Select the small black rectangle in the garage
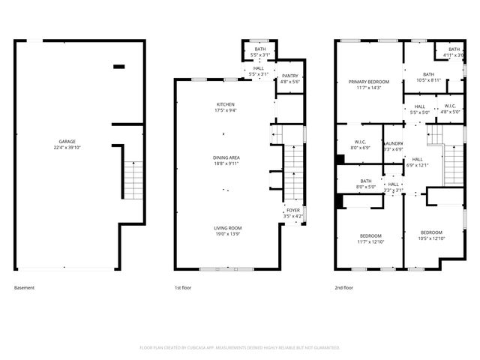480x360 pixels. [118, 67]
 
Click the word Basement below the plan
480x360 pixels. [24, 287]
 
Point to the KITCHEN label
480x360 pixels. [226, 104]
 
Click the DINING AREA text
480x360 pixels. [226, 157]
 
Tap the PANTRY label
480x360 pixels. [289, 76]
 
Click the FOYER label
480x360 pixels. [292, 211]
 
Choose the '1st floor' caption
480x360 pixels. [182, 287]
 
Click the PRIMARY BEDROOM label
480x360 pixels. [368, 81]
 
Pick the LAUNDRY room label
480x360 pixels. [394, 142]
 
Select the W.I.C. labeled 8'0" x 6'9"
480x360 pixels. [360, 148]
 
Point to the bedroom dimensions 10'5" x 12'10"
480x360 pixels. [431, 238]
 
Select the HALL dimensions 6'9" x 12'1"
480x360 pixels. [417, 165]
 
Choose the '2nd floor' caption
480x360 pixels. [344, 287]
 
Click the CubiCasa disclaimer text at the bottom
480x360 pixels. [240, 347]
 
